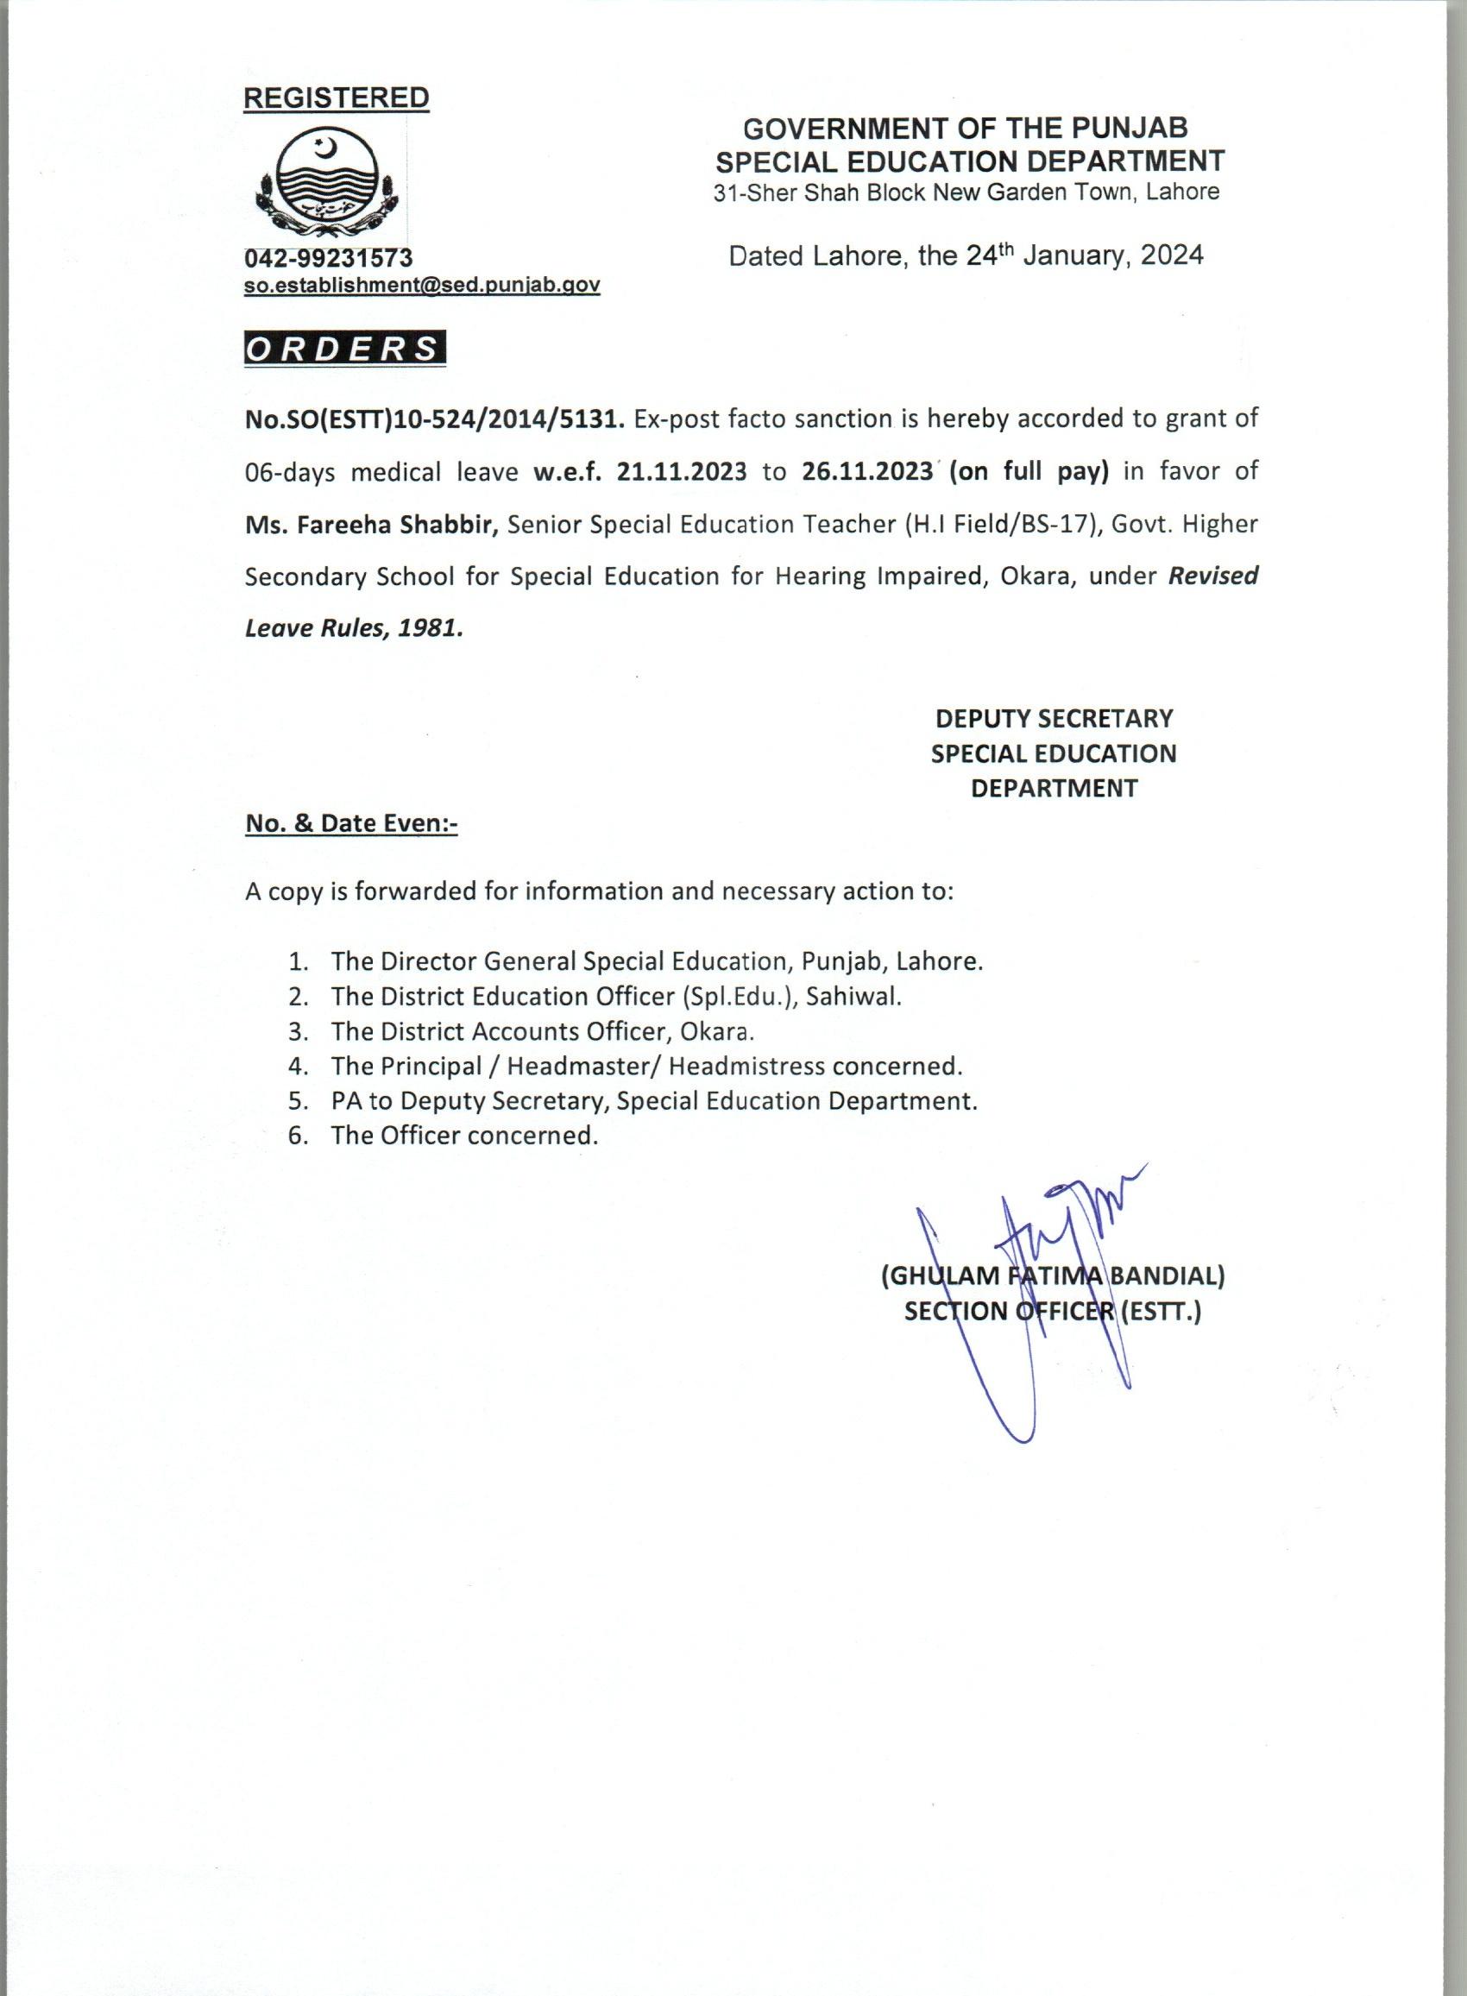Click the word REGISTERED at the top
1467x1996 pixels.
coord(337,98)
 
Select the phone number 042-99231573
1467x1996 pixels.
coord(329,257)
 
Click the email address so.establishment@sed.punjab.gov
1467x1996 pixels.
coord(422,285)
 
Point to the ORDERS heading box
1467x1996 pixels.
coord(344,349)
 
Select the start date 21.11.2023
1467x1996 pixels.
coord(681,471)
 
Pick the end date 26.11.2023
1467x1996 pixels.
coord(866,471)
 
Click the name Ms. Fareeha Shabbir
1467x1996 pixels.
coord(371,524)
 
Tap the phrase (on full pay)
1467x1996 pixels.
coord(1029,471)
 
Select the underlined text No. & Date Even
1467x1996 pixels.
coord(349,823)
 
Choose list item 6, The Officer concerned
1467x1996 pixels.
coord(463,1135)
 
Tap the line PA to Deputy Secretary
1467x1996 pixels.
coord(652,1100)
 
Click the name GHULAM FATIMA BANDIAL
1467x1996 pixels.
coord(1053,1276)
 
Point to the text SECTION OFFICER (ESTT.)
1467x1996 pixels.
coord(1052,1312)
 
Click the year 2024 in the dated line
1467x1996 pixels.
coord(1171,255)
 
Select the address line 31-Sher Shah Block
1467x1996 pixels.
coord(966,192)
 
